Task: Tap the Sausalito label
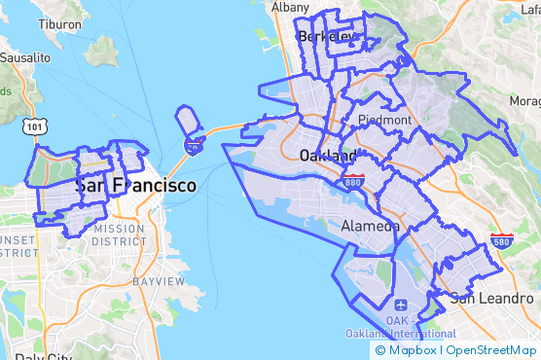point(24,57)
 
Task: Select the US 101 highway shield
point(36,126)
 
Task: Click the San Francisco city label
point(135,185)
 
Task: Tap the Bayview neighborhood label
point(158,281)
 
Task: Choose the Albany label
point(290,7)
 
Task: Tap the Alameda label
point(371,226)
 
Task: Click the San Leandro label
point(492,298)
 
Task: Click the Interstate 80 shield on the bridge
point(195,146)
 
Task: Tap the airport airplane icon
point(399,302)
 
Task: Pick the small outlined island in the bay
point(188,122)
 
